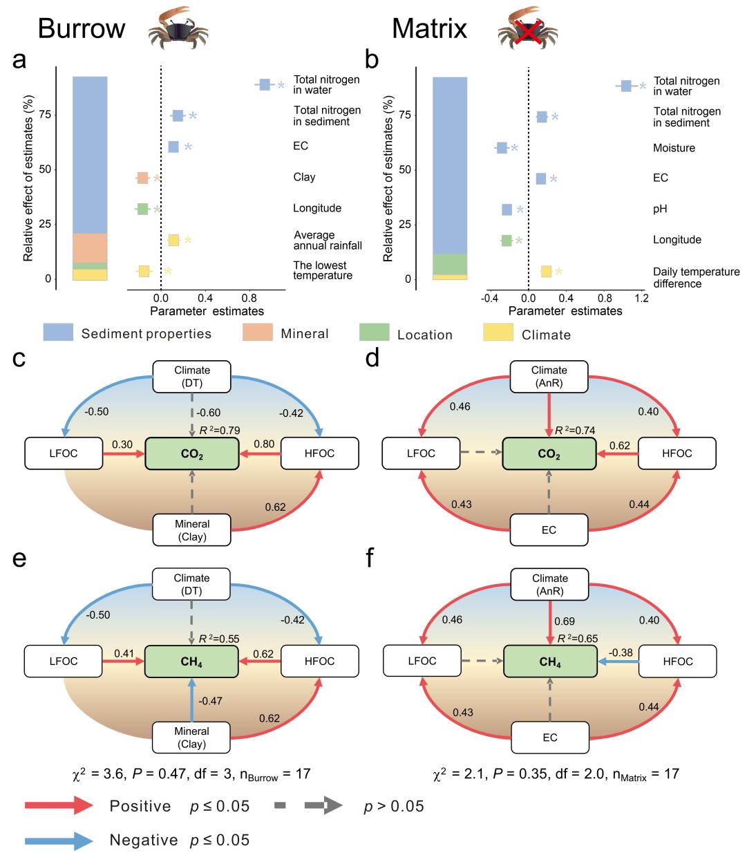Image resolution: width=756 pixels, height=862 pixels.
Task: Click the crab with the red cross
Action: [528, 29]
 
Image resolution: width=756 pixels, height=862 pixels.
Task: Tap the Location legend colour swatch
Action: [374, 332]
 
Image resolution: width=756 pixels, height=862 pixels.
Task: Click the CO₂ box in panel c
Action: [192, 454]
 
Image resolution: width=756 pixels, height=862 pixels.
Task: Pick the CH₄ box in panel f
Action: [550, 662]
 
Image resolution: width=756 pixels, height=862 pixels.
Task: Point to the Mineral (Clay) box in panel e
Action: [192, 738]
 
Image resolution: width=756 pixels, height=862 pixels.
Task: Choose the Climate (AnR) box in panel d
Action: [549, 377]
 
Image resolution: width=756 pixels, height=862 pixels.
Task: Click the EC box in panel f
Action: [550, 738]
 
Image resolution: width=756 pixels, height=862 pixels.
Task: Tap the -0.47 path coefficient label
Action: [210, 701]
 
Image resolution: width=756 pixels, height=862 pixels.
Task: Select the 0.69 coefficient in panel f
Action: [565, 621]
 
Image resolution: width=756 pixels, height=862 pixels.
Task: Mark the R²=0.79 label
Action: [219, 431]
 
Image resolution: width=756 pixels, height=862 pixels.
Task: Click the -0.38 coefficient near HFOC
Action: [620, 653]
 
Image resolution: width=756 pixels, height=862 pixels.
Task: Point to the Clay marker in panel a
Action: [142, 178]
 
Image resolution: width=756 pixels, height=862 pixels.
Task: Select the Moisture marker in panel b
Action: [502, 148]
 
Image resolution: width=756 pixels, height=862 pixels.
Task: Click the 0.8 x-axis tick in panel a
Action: [249, 299]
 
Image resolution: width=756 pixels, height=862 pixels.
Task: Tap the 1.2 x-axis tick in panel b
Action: [643, 299]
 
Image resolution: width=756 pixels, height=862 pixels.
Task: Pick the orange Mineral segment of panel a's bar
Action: [90, 248]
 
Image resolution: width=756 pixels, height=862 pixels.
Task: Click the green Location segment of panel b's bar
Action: [450, 264]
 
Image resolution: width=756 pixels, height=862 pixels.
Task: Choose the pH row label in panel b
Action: [661, 209]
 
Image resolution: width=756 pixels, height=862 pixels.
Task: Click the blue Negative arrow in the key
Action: [59, 841]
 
